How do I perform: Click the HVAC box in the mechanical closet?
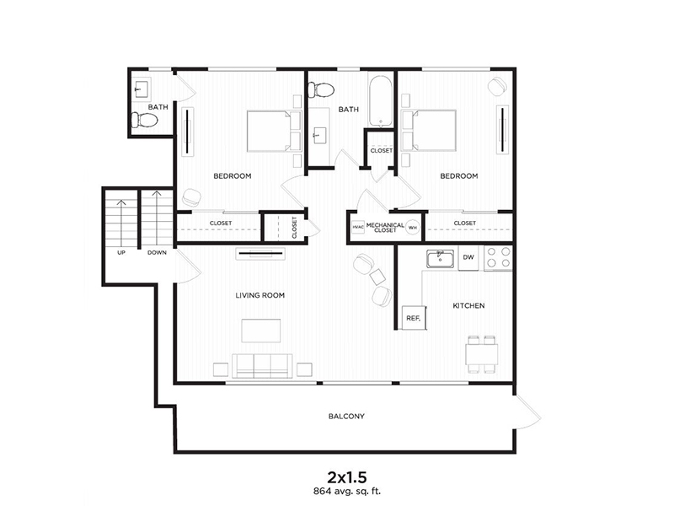tap(357, 227)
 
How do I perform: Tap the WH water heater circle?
tap(413, 227)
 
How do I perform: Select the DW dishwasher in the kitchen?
tap(468, 257)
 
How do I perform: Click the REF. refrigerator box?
tap(414, 318)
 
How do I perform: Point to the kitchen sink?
tap(440, 259)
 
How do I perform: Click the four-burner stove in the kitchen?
tap(499, 257)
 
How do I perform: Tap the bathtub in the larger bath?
tap(380, 101)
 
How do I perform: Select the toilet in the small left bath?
tap(144, 120)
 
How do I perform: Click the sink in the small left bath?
tap(141, 89)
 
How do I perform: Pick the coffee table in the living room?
tap(261, 331)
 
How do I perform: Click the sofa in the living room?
tap(262, 366)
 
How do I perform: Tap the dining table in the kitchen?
tap(482, 353)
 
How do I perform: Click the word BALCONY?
tap(346, 416)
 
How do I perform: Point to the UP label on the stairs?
tap(121, 252)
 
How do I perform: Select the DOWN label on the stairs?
tap(157, 252)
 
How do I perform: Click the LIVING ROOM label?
tap(260, 295)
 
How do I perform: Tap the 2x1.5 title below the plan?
tap(347, 477)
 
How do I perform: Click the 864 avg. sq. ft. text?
tap(347, 491)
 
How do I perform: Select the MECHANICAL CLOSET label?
tap(385, 227)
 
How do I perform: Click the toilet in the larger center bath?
tap(322, 90)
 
